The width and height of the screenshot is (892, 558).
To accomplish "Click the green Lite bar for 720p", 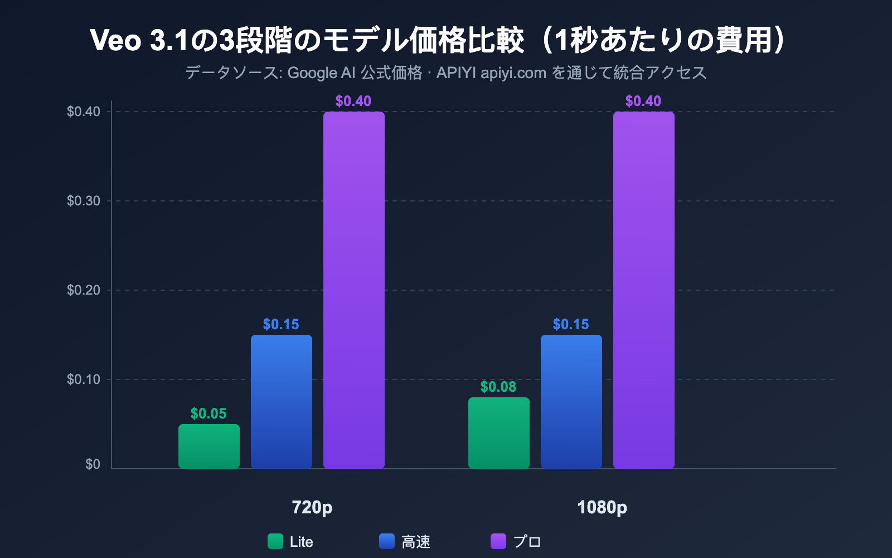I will pyautogui.click(x=209, y=446).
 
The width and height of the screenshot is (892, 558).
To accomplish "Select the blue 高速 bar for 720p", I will pyautogui.click(x=282, y=402).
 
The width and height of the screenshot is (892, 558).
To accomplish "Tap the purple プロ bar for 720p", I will pyautogui.click(x=354, y=290).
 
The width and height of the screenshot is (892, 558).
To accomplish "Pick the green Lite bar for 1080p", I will pyautogui.click(x=499, y=433).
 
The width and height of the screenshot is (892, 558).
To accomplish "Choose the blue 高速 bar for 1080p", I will pyautogui.click(x=571, y=402).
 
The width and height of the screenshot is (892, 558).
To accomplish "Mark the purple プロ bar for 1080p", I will pyautogui.click(x=644, y=290).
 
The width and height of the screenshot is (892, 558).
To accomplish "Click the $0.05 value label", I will pyautogui.click(x=209, y=413).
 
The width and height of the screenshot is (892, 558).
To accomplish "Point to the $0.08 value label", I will pyautogui.click(x=498, y=387).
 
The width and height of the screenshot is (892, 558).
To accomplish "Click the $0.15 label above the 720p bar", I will pyautogui.click(x=281, y=324).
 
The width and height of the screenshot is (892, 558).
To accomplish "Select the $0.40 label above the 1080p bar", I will pyautogui.click(x=643, y=101).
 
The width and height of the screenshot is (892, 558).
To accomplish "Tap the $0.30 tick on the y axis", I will pyautogui.click(x=84, y=201).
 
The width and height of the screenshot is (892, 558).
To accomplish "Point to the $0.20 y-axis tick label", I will pyautogui.click(x=84, y=290).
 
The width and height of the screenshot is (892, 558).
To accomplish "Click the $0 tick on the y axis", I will pyautogui.click(x=93, y=464).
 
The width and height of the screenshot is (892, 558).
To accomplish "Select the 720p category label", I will pyautogui.click(x=312, y=507).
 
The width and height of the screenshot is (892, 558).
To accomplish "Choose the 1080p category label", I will pyautogui.click(x=602, y=507).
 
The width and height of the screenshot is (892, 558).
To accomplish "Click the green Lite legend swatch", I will pyautogui.click(x=275, y=541).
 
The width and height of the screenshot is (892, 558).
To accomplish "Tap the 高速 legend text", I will pyautogui.click(x=416, y=542).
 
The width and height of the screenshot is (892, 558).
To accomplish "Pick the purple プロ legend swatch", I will pyautogui.click(x=498, y=541).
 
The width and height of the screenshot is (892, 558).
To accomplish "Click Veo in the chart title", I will pyautogui.click(x=115, y=40).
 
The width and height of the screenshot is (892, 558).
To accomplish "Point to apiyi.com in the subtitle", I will pyautogui.click(x=513, y=73).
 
